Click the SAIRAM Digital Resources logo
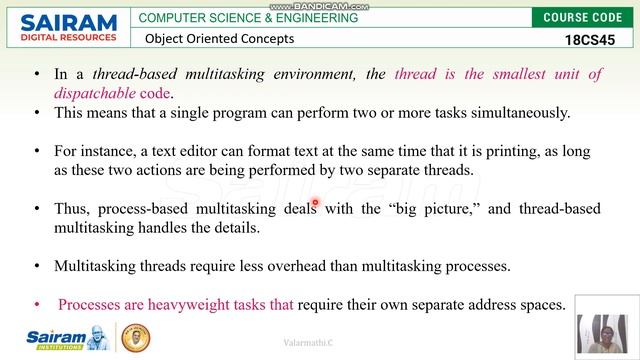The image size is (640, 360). [62, 28]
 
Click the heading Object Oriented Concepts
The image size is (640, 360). [219, 39]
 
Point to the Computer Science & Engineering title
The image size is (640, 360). [248, 17]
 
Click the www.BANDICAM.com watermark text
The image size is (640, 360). [319, 5]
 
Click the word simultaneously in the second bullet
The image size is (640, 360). [512, 113]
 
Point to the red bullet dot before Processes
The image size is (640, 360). [37, 304]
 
